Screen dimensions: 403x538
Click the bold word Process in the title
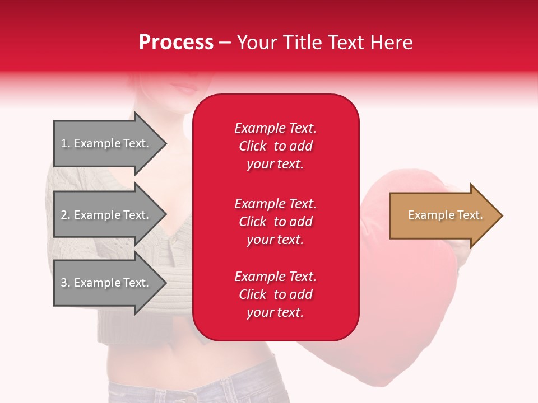click(x=176, y=43)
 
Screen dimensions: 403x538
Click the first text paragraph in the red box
click(x=275, y=146)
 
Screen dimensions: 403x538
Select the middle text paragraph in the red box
click(x=275, y=222)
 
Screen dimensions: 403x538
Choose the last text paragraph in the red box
click(x=275, y=294)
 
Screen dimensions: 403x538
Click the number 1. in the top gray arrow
click(x=66, y=143)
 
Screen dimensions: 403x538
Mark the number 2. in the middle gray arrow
click(x=66, y=215)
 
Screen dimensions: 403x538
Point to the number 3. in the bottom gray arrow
click(x=66, y=283)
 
